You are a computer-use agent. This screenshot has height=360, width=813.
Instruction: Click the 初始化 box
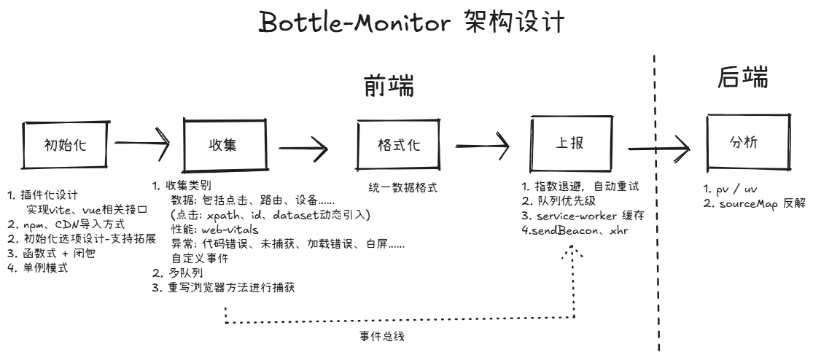(x=66, y=144)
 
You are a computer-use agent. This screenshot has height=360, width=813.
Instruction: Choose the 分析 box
(x=748, y=142)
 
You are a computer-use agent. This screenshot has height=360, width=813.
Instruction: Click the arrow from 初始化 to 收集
(x=143, y=142)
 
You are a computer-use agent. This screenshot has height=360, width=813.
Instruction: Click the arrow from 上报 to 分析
(x=659, y=148)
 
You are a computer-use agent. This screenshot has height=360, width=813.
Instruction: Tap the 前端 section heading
(x=389, y=87)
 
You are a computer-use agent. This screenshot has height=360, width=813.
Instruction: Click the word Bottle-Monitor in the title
(x=357, y=23)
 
